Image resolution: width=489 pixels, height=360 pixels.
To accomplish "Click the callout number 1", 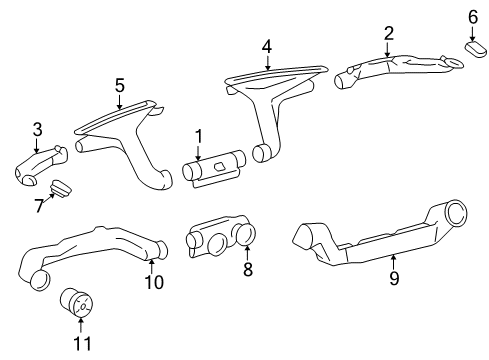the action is pyautogui.click(x=199, y=137).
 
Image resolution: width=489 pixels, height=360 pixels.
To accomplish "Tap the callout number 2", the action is pyautogui.click(x=388, y=33).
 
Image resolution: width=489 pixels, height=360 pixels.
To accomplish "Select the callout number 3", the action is pyautogui.click(x=37, y=129).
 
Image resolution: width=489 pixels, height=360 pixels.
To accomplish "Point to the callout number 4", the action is pyautogui.click(x=267, y=47).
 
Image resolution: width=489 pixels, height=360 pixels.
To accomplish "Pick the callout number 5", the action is pyautogui.click(x=120, y=85).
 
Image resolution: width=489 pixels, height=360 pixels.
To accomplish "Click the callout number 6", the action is pyautogui.click(x=473, y=17).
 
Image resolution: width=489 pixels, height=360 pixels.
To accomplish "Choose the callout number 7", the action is pyautogui.click(x=39, y=206).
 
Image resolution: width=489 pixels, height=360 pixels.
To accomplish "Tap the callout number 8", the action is pyautogui.click(x=248, y=269).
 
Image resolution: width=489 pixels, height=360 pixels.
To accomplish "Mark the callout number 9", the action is pyautogui.click(x=394, y=278).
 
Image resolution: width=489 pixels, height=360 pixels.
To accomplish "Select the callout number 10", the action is pyautogui.click(x=154, y=282).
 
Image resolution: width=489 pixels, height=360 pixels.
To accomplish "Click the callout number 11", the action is pyautogui.click(x=82, y=343).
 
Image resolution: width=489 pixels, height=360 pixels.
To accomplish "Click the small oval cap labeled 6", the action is pyautogui.click(x=475, y=49).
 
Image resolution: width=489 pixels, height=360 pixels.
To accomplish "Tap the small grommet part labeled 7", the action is pyautogui.click(x=61, y=189).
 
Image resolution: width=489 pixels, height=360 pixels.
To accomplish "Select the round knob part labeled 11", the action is pyautogui.click(x=76, y=302).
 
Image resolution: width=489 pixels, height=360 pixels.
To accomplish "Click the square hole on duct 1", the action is pyautogui.click(x=220, y=166).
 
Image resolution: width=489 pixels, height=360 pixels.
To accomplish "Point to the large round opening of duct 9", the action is pyautogui.click(x=456, y=213).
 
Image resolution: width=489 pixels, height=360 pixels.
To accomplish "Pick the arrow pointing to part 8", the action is pyautogui.click(x=247, y=252).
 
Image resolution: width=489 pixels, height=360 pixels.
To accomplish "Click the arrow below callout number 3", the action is pyautogui.click(x=37, y=145).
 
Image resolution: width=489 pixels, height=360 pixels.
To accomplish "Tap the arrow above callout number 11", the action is pyautogui.click(x=81, y=326).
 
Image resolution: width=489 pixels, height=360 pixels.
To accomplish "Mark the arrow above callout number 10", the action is pyautogui.click(x=151, y=267).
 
